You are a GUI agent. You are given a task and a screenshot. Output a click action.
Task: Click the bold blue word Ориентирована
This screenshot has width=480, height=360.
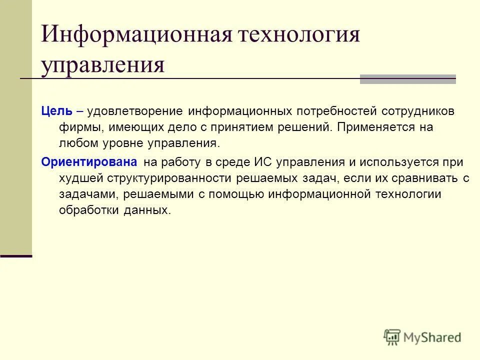[89, 162]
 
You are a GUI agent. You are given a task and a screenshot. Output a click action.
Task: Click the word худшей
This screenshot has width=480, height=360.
[80, 178]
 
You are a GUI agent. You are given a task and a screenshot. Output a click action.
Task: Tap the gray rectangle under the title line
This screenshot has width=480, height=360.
[408, 79]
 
